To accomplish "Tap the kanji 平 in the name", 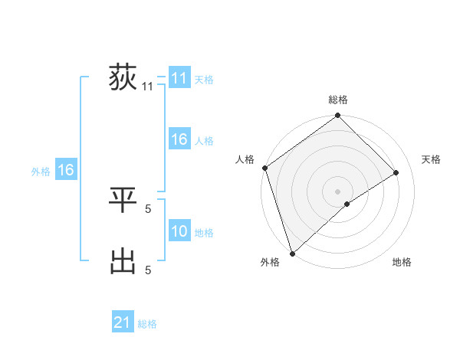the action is [123, 200].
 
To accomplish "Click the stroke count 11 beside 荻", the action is [148, 87].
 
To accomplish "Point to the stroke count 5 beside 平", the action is [148, 207].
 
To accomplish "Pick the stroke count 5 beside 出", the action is [148, 269].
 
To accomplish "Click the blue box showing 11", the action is [179, 78].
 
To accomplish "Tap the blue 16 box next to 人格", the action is [179, 140].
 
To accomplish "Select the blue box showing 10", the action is [179, 231].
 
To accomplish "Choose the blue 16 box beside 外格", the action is [66, 171].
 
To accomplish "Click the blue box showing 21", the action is [123, 322].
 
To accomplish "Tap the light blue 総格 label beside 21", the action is [147, 324].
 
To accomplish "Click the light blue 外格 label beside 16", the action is [41, 172].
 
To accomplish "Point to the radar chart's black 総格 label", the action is [338, 100].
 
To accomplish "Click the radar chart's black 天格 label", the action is [432, 159].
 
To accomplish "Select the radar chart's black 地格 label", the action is [402, 262].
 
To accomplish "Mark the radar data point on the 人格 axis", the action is [264, 168].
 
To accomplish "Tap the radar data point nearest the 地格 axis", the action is [347, 204].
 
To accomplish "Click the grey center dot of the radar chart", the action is [337, 191].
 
